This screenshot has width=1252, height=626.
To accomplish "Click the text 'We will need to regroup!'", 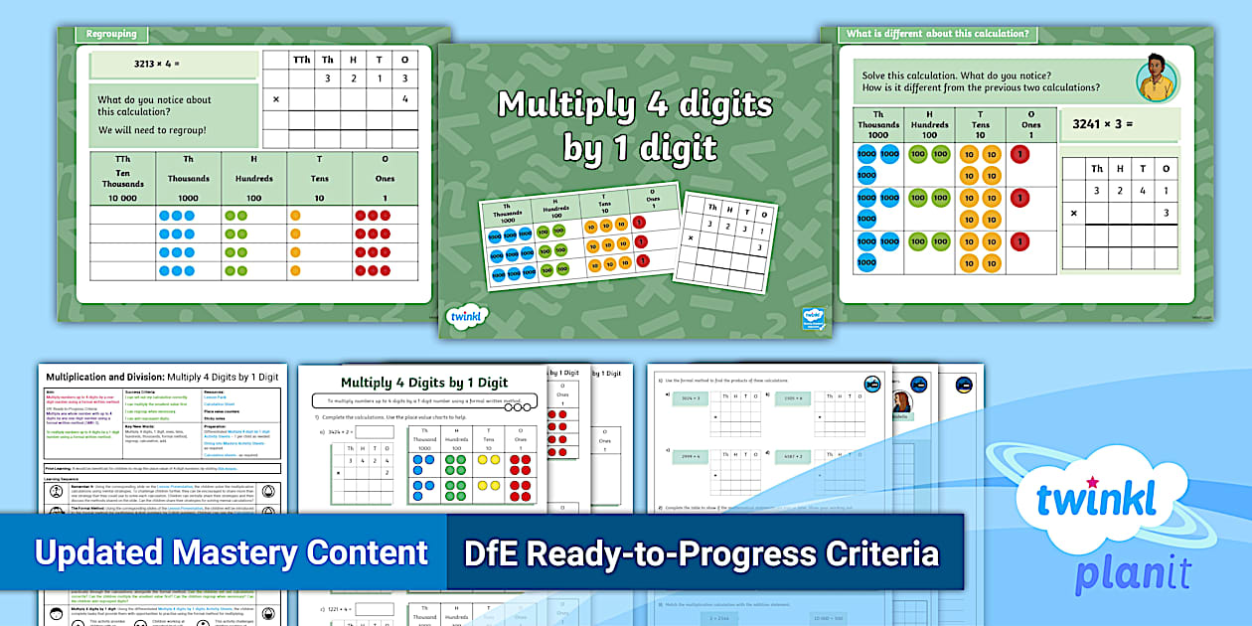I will [152, 130].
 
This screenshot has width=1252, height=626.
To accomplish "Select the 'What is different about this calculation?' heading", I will [935, 34].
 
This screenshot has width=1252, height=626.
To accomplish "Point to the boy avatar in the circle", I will [1157, 78].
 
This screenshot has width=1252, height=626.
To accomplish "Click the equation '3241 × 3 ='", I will [1102, 125].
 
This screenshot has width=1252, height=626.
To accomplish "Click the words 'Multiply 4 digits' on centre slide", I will [634, 104].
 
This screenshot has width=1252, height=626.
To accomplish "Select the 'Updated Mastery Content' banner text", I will [231, 552].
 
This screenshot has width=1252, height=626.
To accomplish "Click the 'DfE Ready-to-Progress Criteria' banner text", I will [701, 552].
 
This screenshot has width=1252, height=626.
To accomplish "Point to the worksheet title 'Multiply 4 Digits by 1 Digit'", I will [424, 383].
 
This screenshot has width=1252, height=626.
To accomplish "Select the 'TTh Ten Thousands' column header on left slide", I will [122, 178].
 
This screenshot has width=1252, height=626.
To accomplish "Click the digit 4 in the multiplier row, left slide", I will [404, 99].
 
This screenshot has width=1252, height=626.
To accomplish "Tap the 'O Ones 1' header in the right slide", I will [1030, 125].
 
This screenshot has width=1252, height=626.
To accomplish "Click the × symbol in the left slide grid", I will [275, 99].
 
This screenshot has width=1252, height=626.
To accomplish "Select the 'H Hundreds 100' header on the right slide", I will [929, 125].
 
